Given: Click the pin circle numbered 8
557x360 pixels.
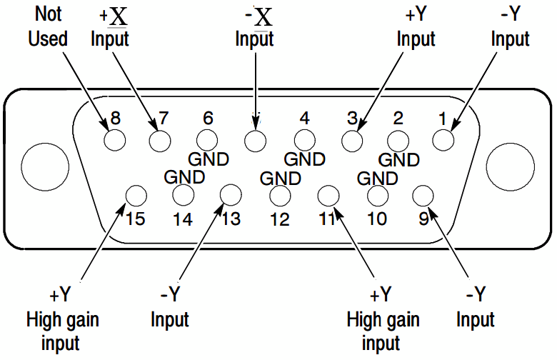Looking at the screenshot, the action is (x=115, y=140).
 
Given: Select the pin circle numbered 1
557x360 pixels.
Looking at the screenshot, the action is (x=443, y=140).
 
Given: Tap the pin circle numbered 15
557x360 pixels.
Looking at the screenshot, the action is (x=136, y=196).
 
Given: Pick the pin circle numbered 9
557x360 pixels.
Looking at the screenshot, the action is (x=423, y=196).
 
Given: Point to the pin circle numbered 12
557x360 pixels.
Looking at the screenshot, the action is (x=280, y=196).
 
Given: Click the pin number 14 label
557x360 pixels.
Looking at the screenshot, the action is (x=183, y=219).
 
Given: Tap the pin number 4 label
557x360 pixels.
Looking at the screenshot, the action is (x=304, y=118).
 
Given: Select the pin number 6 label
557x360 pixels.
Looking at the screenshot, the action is (x=208, y=118).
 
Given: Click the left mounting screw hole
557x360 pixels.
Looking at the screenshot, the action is (x=45, y=167).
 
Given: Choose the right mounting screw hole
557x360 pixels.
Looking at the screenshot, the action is (x=511, y=167).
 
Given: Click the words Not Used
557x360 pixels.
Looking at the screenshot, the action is (x=48, y=26).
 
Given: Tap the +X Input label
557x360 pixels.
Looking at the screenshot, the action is (x=110, y=28).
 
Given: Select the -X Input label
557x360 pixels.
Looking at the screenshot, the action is (x=255, y=28).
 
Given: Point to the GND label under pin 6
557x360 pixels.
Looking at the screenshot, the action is (x=209, y=159).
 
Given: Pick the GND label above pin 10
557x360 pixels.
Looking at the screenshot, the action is (x=378, y=179).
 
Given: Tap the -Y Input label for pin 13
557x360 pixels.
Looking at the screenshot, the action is (x=170, y=306).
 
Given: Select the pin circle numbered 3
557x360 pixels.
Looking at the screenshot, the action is (x=352, y=140).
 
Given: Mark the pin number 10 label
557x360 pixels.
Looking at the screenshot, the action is (x=376, y=219).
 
